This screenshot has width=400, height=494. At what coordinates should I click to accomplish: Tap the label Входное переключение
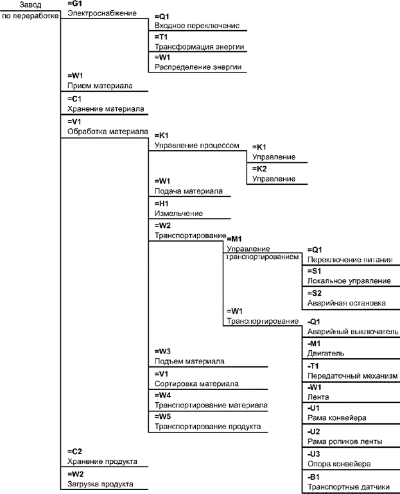[197, 26]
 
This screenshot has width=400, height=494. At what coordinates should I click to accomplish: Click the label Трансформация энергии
[200, 47]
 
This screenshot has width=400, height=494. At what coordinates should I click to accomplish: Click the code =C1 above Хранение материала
[74, 99]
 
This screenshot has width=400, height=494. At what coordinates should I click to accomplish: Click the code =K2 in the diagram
[259, 168]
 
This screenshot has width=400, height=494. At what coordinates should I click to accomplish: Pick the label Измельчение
[179, 213]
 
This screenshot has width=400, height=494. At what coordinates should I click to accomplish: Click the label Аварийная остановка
[347, 303]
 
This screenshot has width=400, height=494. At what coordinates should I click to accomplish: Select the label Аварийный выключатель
[353, 332]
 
